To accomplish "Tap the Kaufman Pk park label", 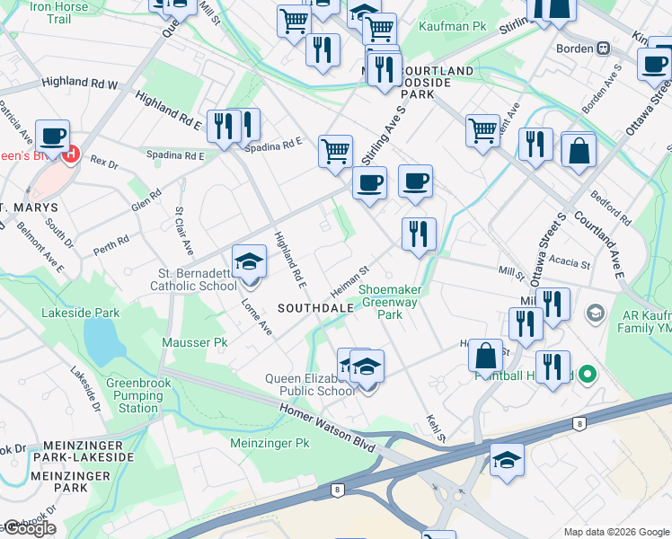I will click(x=452, y=27).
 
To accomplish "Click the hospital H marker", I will click(x=70, y=154).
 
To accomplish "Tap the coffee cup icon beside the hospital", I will click(x=53, y=136).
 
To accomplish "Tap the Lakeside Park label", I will click(x=80, y=313).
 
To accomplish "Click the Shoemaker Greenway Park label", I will click(x=390, y=302).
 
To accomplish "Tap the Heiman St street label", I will click(x=350, y=282).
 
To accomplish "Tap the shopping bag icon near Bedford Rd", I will click(x=579, y=151).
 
